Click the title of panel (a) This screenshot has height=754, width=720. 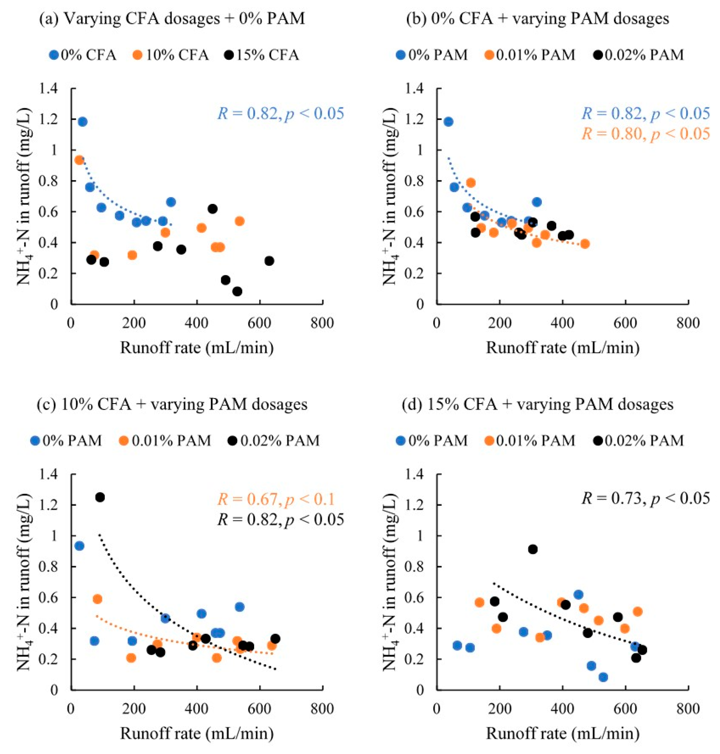[172, 18]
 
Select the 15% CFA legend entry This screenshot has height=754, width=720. [261, 55]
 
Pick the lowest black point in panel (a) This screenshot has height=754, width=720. [237, 291]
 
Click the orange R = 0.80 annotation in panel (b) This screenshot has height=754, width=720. [646, 134]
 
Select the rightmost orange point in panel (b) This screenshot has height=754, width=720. [585, 244]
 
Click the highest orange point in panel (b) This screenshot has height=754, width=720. [471, 183]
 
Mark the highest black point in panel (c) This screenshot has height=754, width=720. [100, 497]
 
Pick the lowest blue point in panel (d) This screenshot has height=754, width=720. [603, 677]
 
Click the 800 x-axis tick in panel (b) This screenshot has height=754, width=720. [688, 323]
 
